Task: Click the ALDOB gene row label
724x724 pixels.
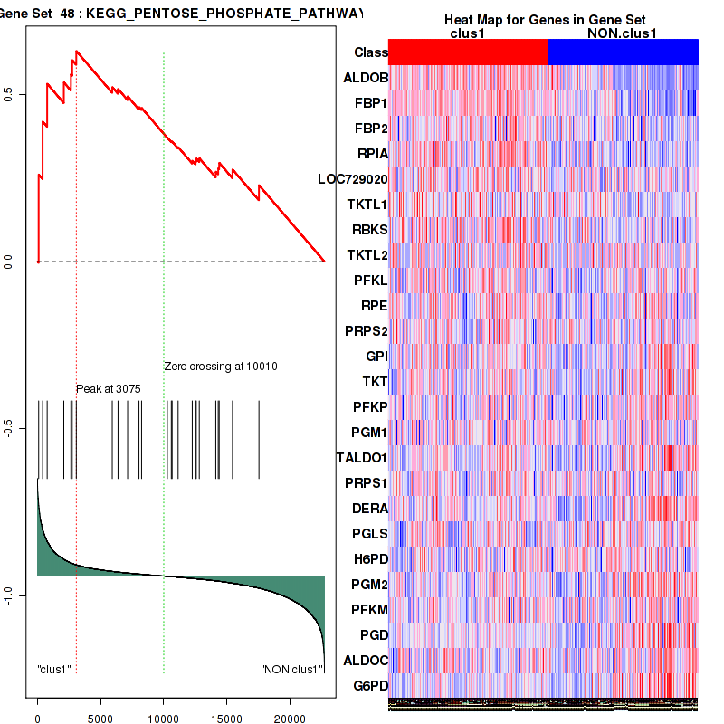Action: coord(366,78)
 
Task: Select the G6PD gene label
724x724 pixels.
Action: coord(369,686)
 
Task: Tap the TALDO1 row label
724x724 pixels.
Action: coord(362,458)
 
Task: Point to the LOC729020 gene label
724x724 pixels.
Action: coord(353,179)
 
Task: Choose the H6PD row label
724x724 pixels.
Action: coord(370,559)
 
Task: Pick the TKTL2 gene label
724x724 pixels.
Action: coord(367,255)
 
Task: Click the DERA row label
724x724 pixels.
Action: coord(369,509)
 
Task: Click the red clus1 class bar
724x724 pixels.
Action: coord(468,52)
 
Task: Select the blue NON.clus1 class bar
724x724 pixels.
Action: coord(623,52)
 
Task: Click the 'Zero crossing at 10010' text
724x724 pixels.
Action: coord(220,367)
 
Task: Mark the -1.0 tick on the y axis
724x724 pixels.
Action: coord(8,595)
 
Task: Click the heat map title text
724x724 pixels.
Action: coord(545,20)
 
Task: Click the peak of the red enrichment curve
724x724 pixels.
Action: coord(76,51)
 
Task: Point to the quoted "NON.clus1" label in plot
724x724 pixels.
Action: coord(291,670)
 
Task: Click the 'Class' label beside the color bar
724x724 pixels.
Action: coord(370,52)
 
